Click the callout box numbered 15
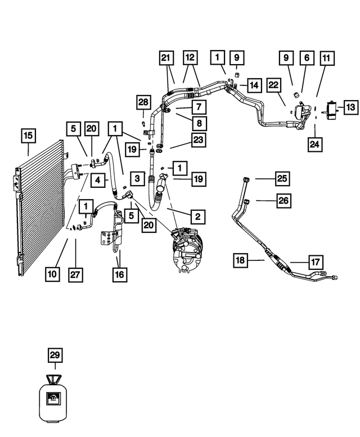tap(29, 136)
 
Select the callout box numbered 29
tap(55, 355)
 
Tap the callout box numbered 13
tap(351, 107)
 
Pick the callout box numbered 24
tap(315, 145)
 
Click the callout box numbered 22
tap(273, 85)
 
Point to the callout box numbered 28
tap(143, 102)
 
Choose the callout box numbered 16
tap(120, 274)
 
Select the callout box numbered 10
tap(52, 274)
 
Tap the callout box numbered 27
tap(75, 274)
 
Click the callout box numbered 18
tap(240, 260)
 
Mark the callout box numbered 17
tap(316, 262)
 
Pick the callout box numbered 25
tap(282, 178)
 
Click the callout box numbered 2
tap(198, 217)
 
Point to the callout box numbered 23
tap(199, 139)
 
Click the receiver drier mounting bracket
tap(106, 238)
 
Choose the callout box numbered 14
tap(254, 85)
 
